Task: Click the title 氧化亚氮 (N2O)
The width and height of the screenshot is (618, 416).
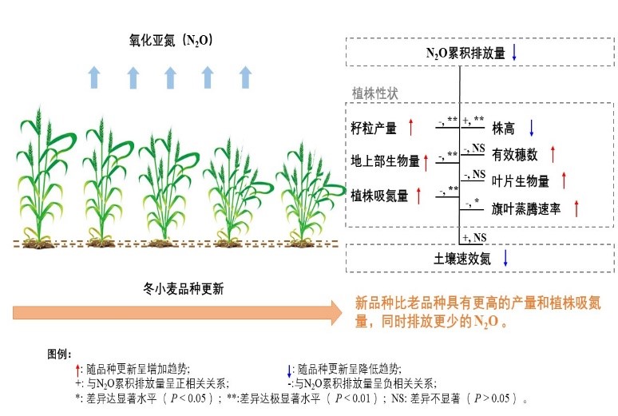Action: pos(171,39)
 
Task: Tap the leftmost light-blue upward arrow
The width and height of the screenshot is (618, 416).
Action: pos(94,77)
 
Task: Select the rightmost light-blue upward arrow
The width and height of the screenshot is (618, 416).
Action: pos(246,77)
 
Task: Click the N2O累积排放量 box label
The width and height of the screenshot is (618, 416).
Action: pos(465,53)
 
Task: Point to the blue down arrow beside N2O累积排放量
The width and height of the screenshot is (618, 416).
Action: pos(515,53)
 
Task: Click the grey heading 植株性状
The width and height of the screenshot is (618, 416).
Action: pos(375,93)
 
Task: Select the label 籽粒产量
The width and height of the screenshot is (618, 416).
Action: pos(374,127)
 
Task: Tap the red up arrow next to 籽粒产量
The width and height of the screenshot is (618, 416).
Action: pos(410,126)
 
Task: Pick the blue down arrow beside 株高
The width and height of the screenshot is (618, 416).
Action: pos(531,127)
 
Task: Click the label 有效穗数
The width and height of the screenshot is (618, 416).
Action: pos(515,154)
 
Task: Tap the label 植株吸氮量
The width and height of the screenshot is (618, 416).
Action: pos(379,195)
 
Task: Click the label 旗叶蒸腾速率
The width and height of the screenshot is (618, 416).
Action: pos(526,208)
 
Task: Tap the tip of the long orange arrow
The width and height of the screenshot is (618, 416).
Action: pos(342,311)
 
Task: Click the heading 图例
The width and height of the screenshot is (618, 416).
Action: pos(60,353)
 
